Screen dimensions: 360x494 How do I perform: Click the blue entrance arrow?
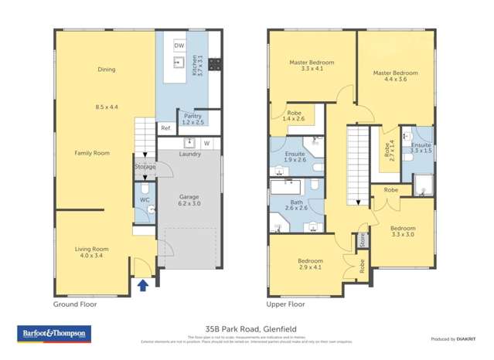point(141,285)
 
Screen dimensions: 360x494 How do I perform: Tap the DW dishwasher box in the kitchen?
point(179,46)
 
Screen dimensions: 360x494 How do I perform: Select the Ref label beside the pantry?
point(165,128)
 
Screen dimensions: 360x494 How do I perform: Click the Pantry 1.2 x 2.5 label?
point(193,118)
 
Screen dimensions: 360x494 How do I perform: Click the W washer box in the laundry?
point(206,143)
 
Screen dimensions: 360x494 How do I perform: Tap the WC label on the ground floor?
point(144,200)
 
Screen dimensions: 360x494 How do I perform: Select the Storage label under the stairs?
point(145,167)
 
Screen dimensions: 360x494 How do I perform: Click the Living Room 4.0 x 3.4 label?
point(91,253)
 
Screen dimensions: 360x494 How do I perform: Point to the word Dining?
point(106,70)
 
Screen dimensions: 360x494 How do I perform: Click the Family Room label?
point(91,153)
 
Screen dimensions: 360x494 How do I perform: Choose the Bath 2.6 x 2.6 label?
point(296,205)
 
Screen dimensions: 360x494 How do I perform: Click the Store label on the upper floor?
point(361,239)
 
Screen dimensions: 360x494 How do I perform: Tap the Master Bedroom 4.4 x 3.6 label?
point(395,76)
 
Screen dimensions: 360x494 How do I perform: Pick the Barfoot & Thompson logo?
point(54,334)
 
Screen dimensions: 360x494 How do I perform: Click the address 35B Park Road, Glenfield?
point(247,328)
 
